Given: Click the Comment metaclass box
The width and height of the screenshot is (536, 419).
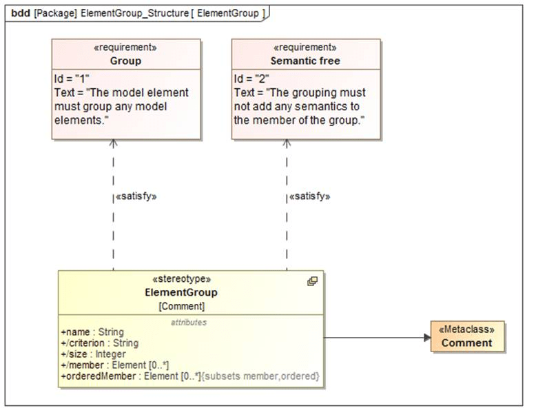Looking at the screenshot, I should pos(468,337).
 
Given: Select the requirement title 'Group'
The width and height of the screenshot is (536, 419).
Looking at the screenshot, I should pos(126,61).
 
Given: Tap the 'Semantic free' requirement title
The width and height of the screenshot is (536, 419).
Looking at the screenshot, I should pos(305,61).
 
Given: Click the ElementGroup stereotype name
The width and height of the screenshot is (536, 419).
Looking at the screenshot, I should pos(182,292).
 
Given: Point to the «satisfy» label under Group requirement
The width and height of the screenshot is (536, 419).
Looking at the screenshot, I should pos(136,196).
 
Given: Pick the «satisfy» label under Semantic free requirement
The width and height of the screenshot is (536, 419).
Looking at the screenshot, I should pos(309,196).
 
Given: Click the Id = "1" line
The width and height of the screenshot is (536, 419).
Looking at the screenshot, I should pos(72,79).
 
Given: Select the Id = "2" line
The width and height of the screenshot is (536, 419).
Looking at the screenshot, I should pos(251,79).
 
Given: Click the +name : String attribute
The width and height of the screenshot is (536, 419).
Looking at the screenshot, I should pos(92,332).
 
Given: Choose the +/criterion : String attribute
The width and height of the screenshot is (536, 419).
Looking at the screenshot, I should pos(99,343).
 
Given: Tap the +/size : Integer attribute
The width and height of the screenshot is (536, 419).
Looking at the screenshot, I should pos(93,354).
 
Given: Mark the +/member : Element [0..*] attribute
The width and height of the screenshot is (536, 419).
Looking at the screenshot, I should pos(115,365).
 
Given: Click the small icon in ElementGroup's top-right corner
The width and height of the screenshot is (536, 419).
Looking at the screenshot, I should pos(312,281).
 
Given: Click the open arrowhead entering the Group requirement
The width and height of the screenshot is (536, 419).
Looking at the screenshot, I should pos(114,143).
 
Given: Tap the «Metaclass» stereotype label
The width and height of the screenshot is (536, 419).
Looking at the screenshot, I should pos(468,329).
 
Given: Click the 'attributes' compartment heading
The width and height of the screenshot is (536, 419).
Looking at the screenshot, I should pos(188,322).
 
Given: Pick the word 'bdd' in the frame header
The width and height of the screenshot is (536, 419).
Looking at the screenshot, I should pos(21,13).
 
